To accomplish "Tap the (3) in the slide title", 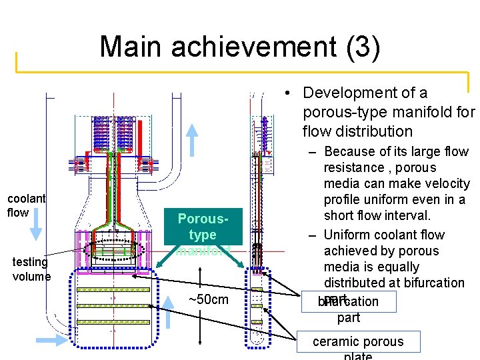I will [x=361, y=47].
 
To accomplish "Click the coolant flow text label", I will [x=26, y=205].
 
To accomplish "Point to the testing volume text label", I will [x=31, y=269].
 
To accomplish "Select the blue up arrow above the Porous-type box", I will [x=192, y=139].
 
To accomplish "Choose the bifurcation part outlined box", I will [x=348, y=301].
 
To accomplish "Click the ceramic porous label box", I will [x=358, y=342].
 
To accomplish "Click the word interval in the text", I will [x=403, y=215].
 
